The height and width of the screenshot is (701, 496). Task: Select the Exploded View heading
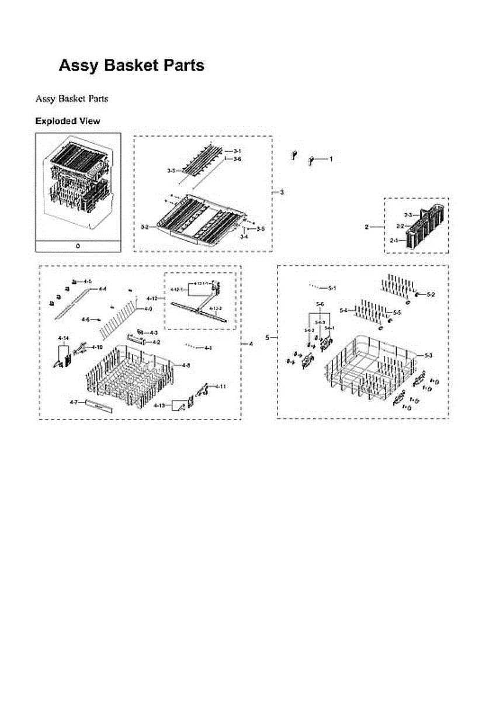pos(67,121)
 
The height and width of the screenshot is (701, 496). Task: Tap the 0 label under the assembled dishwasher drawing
pos(78,246)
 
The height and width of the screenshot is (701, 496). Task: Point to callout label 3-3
pos(171,171)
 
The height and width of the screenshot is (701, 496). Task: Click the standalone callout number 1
pos(331,159)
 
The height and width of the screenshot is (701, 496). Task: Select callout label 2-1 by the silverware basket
pos(394,240)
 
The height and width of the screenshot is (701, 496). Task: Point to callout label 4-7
pos(74,402)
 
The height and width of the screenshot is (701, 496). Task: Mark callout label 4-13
pos(159,405)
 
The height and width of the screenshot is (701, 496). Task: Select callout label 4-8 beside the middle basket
pos(185,365)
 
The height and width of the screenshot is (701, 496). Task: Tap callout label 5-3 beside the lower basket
pos(428,355)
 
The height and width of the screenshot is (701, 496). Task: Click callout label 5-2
pos(430,294)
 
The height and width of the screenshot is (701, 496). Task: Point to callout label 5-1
pos(332,288)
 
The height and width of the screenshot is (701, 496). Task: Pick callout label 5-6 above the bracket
pos(320,304)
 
